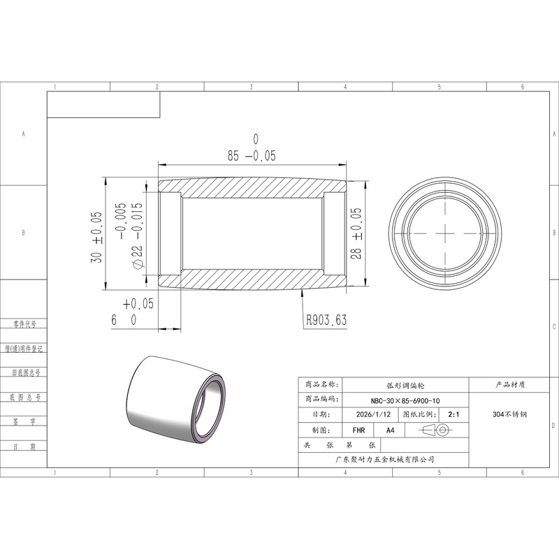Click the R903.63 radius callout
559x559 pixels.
tap(326, 320)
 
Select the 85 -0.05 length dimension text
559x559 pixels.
tap(252, 156)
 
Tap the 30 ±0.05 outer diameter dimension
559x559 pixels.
tap(96, 238)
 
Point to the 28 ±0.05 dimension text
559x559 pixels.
tap(356, 233)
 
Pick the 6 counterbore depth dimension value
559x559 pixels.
tap(114, 320)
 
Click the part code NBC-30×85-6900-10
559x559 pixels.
tap(405, 400)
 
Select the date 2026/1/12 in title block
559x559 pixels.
tap(373, 414)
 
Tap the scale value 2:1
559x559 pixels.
tap(453, 414)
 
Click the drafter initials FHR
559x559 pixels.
tap(358, 430)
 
